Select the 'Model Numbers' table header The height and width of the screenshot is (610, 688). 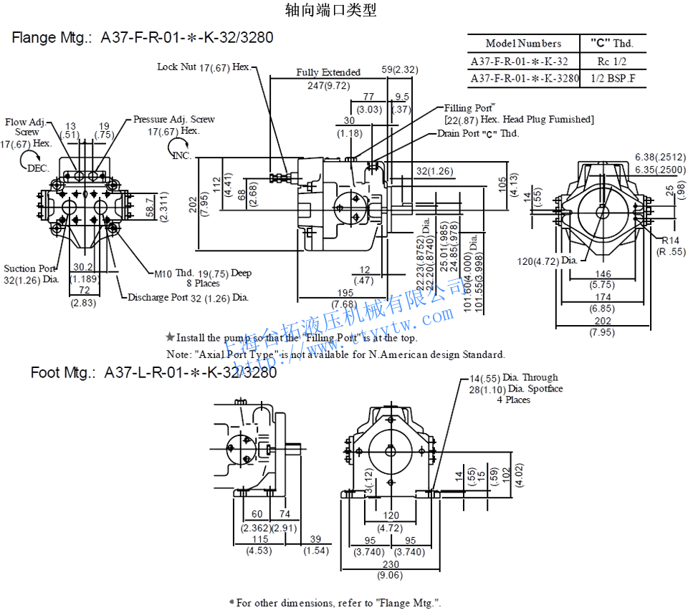(523, 44)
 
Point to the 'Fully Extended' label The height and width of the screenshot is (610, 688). (328, 72)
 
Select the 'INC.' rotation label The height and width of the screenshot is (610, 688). (183, 155)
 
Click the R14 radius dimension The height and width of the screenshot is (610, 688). (671, 241)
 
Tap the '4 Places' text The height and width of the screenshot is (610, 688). (513, 400)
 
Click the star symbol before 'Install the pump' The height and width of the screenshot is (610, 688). (170, 337)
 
